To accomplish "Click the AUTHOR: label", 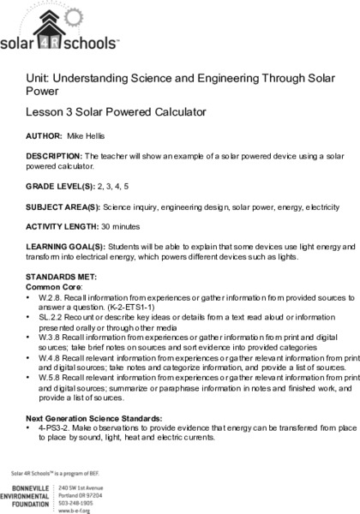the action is click(x=40, y=135).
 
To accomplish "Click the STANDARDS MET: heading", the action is click(x=56, y=277).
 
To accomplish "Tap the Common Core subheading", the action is click(x=51, y=286).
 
